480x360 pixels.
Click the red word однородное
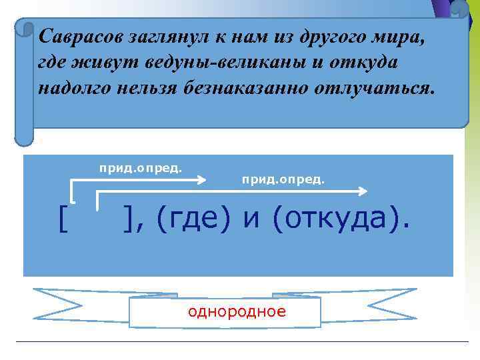(237, 312)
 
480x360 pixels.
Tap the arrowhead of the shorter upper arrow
(202, 179)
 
